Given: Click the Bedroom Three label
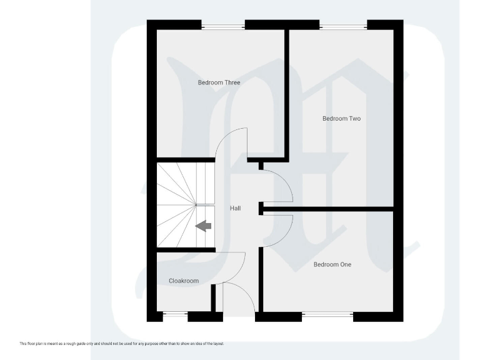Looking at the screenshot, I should coord(219,82).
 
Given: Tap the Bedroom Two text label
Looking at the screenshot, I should coord(341,119).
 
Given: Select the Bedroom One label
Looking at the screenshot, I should coord(332,264).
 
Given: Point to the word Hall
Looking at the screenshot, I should coord(235,208).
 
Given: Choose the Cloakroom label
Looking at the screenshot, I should coord(184,281).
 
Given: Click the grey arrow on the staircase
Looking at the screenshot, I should coord(202,226).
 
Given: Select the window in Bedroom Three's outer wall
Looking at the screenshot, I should coord(222,25).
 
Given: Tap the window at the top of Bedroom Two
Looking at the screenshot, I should coord(343,25).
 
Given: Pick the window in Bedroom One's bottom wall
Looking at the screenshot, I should coord(327,316).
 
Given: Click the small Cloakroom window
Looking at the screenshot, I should coord(175,316).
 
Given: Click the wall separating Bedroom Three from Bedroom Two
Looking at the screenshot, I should coord(287,94).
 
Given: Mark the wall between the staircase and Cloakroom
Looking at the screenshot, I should coord(185,250).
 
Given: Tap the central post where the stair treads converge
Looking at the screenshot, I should coord(196,204).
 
